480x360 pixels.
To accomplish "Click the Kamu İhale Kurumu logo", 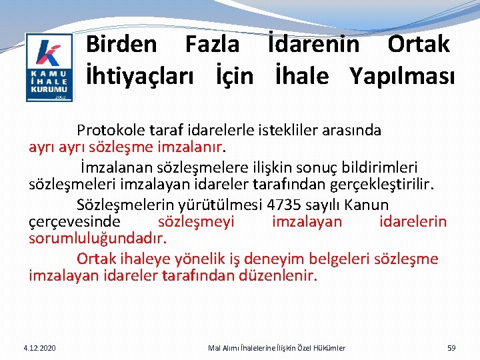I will tap(49, 67).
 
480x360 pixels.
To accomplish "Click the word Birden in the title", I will tap(122, 45).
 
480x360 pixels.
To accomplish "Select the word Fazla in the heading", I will tap(212, 45).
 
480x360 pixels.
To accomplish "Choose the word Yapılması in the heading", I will tap(402, 76).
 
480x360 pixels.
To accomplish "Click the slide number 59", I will tap(451, 348).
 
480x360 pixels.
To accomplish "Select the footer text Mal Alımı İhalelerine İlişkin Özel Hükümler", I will tap(277, 348).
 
